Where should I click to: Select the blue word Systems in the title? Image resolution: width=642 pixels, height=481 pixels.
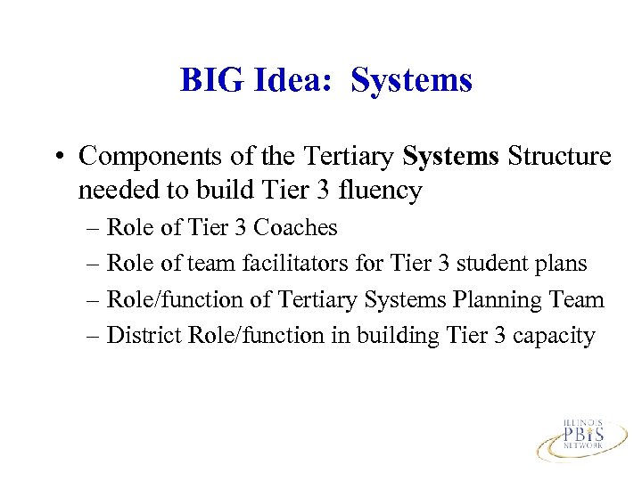click(x=411, y=80)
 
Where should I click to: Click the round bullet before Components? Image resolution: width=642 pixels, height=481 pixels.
click(x=59, y=157)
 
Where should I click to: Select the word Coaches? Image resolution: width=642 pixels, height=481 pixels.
click(x=295, y=228)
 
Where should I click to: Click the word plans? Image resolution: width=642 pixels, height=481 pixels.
click(x=564, y=264)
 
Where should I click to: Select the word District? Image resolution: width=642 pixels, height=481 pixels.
click(x=140, y=336)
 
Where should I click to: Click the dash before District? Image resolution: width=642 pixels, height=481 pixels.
click(x=95, y=336)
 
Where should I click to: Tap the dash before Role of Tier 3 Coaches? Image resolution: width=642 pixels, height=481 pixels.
click(x=95, y=229)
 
